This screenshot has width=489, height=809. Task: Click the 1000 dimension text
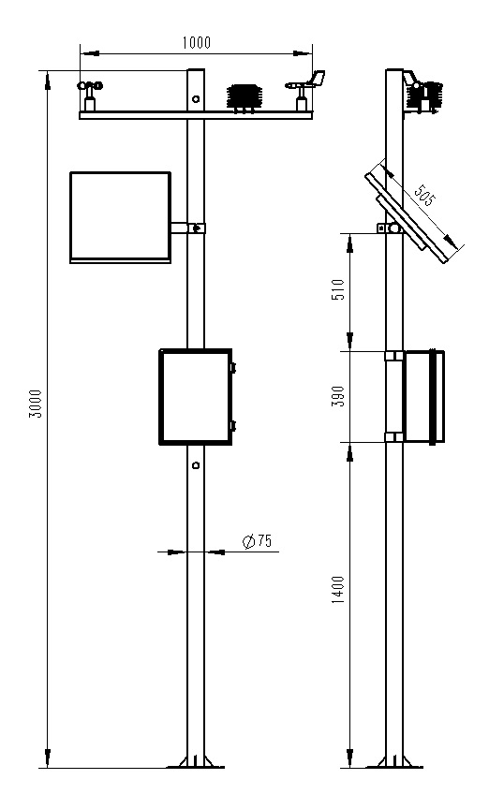197,41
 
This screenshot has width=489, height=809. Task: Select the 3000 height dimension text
36,403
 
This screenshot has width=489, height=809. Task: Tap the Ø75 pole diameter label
256,540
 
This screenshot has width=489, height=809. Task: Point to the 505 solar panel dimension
423,198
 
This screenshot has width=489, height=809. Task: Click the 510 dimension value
338,291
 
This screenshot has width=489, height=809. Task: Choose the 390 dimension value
338,396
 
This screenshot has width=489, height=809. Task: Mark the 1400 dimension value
338,589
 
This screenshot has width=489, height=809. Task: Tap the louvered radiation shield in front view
245,97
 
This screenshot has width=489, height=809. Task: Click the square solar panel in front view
120,216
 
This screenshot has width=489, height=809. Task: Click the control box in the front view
195,396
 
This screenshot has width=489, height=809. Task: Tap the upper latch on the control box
233,368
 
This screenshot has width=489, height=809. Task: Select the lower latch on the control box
233,426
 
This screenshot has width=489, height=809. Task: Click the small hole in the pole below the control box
195,464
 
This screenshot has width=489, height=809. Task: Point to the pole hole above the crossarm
195,98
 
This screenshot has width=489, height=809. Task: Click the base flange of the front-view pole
195,764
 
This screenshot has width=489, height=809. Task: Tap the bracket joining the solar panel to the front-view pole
187,228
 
